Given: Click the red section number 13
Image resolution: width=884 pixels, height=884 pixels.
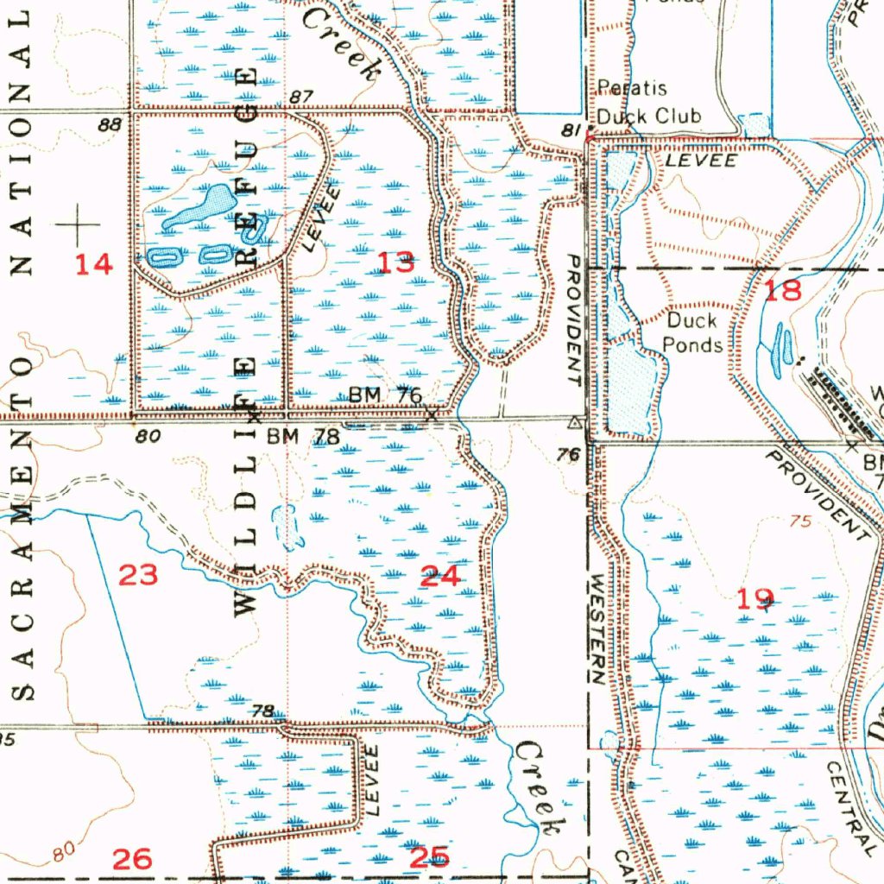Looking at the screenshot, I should coord(396,263).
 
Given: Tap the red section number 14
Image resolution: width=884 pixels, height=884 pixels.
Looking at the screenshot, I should coord(93,264).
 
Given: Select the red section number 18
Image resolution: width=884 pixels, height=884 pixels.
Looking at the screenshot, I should coord(783,290).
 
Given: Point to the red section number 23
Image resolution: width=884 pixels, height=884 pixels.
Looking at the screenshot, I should coord(138,574).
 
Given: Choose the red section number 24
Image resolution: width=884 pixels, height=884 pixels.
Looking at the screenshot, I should coord(439,576).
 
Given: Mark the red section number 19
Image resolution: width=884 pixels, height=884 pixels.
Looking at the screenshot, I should coord(755,597).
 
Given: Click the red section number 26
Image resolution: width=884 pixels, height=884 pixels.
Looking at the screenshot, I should coord(132,858).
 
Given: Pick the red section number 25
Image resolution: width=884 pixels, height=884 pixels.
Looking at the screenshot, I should coord(429,856).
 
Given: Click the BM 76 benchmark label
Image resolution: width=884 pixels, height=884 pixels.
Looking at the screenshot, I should coord(385,395).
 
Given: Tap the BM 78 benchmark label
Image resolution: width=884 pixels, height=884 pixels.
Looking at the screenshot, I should coord(302,437).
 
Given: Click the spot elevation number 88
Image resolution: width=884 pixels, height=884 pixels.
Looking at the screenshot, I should coord(110,124).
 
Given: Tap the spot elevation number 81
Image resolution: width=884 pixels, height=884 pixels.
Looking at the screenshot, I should coord(570,129).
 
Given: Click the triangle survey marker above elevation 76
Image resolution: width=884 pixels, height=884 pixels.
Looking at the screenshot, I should coord(574,423).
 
